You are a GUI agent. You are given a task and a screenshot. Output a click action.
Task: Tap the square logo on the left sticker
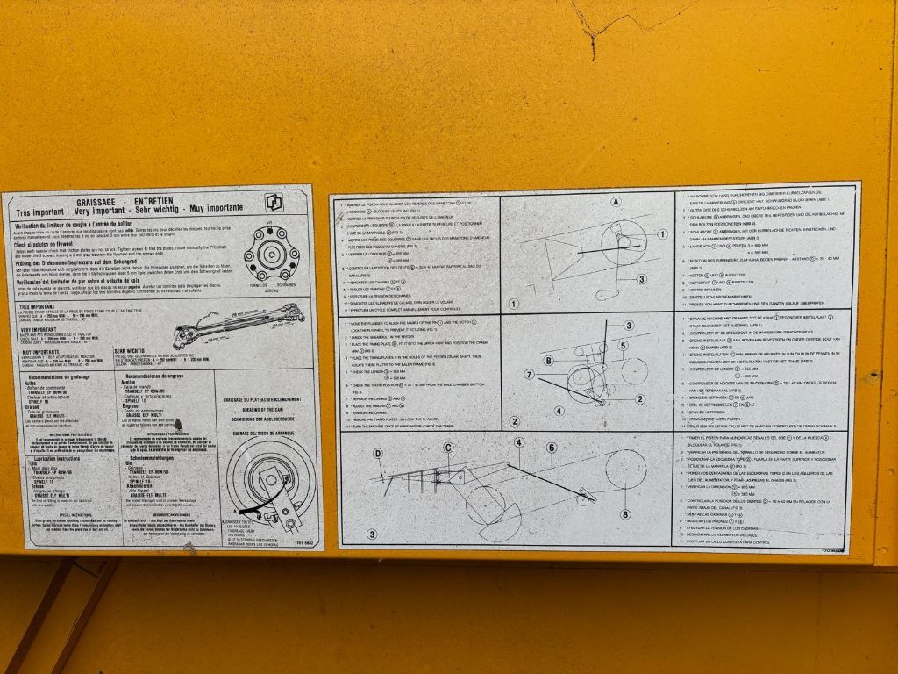tap(274, 203)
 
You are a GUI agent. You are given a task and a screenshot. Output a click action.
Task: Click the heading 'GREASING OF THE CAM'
tap(260, 409)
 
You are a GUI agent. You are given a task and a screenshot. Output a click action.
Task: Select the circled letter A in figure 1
tap(616, 202)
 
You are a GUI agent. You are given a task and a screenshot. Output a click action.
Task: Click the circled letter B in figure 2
tap(548, 361)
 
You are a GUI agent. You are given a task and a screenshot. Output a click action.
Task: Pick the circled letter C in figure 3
tap(448, 448)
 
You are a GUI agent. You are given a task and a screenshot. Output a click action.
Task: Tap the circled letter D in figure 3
tap(378, 454)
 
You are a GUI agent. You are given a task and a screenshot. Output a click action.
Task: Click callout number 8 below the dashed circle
tap(625, 514)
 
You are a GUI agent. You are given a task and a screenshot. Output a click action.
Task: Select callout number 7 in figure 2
tap(530, 375)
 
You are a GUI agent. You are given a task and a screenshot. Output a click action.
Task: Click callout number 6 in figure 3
tap(551, 448)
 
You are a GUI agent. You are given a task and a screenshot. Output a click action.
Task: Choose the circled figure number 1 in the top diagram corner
tap(514, 305)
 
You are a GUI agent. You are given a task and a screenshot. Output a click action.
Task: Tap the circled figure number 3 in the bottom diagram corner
tap(371, 534)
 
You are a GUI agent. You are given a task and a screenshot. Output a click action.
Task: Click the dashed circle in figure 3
tap(625, 470)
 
